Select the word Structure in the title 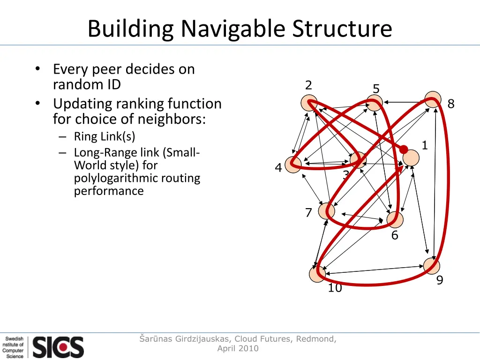click(x=342, y=29)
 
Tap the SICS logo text click(x=58, y=347)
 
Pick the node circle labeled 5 click(x=374, y=103)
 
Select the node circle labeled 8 click(x=433, y=99)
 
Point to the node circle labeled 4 click(x=293, y=165)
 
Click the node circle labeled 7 click(x=327, y=210)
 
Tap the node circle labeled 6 click(x=395, y=219)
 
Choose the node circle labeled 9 click(x=432, y=266)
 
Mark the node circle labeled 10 click(x=318, y=274)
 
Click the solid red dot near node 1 click(x=404, y=150)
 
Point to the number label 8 click(x=451, y=104)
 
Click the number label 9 click(x=440, y=280)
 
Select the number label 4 click(x=278, y=168)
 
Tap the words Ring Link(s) click(x=105, y=136)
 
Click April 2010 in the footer click(x=238, y=348)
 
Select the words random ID click(x=87, y=85)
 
